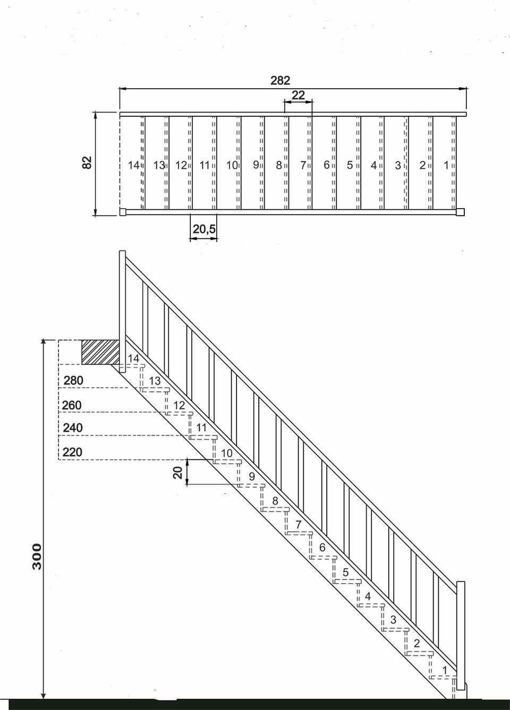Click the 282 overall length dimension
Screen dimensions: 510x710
coord(280,81)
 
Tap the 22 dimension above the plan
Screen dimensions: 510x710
coord(298,95)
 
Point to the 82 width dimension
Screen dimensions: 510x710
coord(87,162)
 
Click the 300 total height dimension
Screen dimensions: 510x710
coord(37,557)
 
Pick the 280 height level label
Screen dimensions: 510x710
coord(73,380)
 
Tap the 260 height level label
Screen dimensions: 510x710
coord(72,405)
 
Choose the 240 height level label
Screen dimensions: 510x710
coord(73,427)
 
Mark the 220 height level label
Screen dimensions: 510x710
coord(72,452)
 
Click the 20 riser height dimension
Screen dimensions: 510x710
coord(178,473)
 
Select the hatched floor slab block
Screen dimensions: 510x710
coord(100,352)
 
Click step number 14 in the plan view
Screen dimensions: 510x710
coord(133,165)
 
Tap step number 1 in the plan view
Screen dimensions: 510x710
coord(446,165)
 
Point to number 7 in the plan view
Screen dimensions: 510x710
coord(303,165)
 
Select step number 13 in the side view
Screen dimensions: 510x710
coord(155,381)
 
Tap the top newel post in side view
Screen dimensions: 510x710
coord(122,312)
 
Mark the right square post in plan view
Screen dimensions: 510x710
coord(460,212)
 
